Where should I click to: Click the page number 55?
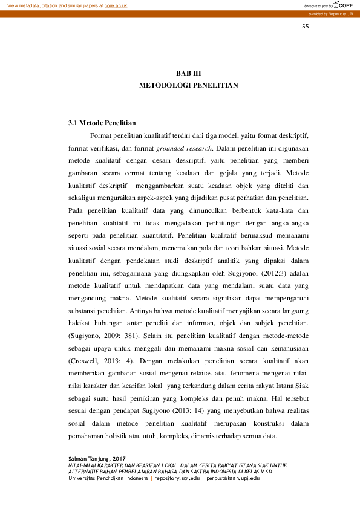(x=305, y=27)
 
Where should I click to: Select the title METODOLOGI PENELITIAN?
(x=188, y=85)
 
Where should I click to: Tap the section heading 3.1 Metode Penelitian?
(x=102, y=123)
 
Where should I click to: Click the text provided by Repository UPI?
(x=331, y=13)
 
